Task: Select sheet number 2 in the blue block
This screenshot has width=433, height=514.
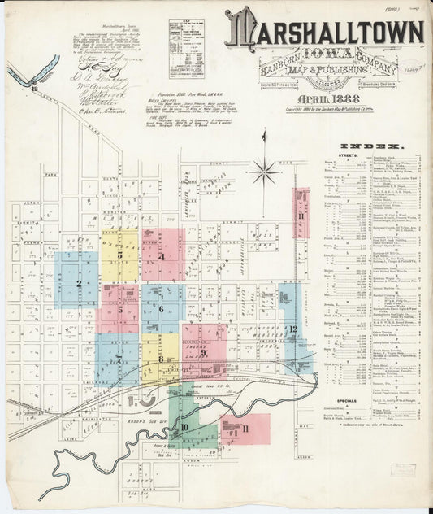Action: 78,283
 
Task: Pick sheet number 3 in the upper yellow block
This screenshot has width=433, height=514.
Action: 120,255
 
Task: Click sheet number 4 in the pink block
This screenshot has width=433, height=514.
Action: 162,256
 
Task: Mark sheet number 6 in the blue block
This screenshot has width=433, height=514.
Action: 162,308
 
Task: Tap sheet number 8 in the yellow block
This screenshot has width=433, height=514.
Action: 161,359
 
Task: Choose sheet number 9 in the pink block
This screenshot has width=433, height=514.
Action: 204,351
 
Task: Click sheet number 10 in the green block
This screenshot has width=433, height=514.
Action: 185,426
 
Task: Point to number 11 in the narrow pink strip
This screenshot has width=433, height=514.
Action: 300,216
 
